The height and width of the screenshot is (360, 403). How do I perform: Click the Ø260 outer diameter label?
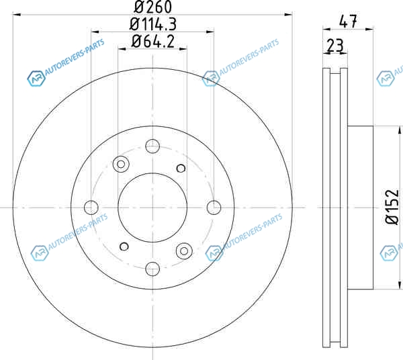click(x=152, y=7)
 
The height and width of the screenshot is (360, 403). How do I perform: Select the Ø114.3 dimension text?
click(x=153, y=24)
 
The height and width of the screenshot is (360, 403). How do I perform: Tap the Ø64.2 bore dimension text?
click(x=152, y=42)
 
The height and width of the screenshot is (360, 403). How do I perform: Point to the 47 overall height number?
click(x=348, y=21)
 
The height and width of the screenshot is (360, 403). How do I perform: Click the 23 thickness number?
click(x=335, y=45)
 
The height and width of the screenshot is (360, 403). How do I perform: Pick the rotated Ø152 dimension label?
click(x=392, y=207)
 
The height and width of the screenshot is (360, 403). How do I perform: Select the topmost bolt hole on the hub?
click(x=152, y=146)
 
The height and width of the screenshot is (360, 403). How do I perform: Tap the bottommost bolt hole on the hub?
click(x=152, y=269)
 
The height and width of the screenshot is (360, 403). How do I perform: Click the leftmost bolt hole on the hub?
click(x=91, y=208)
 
